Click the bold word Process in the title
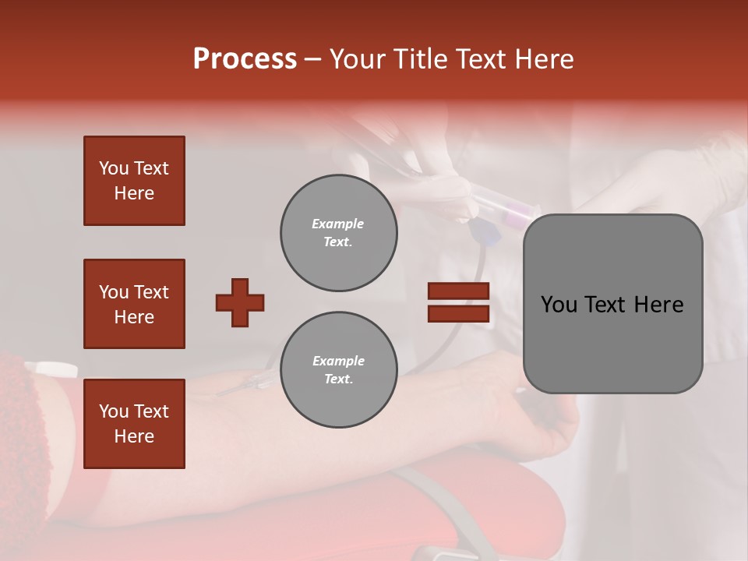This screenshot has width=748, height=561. point(245,59)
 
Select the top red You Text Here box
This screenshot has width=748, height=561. point(134,181)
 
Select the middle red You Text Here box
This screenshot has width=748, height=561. point(134,304)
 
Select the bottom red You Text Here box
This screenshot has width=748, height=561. point(134,424)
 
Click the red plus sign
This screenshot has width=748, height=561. point(240,302)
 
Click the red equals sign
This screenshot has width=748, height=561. point(458,302)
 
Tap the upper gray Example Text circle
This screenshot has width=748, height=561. point(339,233)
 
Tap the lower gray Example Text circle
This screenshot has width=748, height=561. point(339,370)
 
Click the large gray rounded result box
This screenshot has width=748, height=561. point(612,304)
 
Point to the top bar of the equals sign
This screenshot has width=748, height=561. point(458,291)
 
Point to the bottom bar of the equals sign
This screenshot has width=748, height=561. point(458,313)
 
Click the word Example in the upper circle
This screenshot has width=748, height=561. point(338,224)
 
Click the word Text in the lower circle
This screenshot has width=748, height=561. point(337,379)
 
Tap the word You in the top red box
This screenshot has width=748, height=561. point(113,168)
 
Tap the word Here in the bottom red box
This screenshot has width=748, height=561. point(134,436)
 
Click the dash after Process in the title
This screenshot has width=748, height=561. point(313,59)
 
